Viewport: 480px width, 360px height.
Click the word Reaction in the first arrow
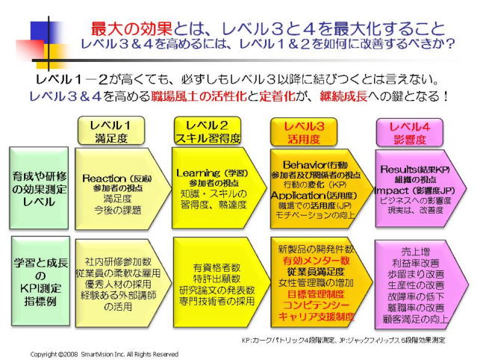pyautogui.click(x=102, y=178)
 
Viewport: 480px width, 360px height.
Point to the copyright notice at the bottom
pyautogui.click(x=104, y=353)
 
